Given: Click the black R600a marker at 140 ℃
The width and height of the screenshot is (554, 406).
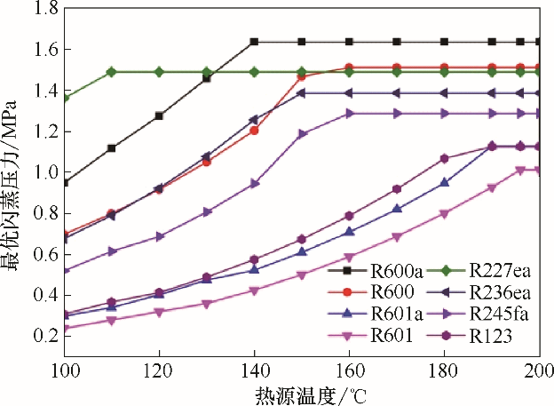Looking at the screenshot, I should pyautogui.click(x=254, y=42).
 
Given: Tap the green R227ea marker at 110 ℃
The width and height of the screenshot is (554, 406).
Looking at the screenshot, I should pyautogui.click(x=111, y=72).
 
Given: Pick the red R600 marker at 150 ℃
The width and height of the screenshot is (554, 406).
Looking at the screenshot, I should pyautogui.click(x=302, y=76).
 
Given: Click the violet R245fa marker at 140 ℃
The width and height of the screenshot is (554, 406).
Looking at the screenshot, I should pyautogui.click(x=254, y=184).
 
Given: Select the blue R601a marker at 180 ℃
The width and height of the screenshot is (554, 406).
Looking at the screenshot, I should pyautogui.click(x=445, y=182).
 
